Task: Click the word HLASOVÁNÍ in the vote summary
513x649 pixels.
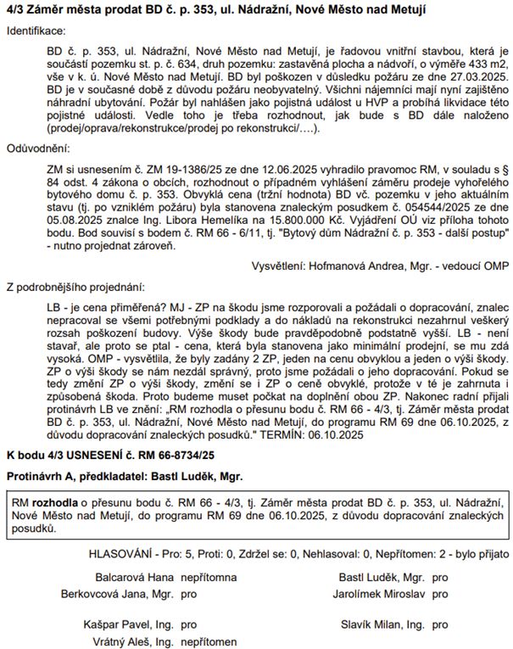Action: [125, 554]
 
